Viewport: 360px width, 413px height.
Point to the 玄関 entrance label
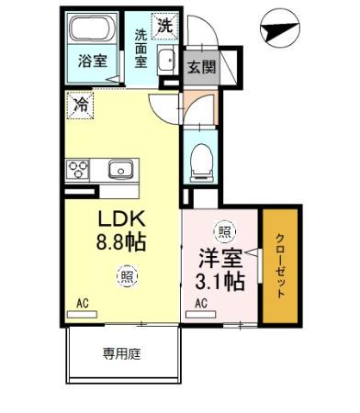[x=202, y=66]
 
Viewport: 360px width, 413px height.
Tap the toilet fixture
[x=200, y=163]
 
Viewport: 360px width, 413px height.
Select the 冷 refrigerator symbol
[x=80, y=106]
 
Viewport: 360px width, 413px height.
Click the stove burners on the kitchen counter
[x=76, y=169]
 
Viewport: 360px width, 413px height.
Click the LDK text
[x=120, y=221]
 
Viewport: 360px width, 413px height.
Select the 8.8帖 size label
[x=120, y=243]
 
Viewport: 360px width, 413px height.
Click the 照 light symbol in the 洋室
[x=223, y=230]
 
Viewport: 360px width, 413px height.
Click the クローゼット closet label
[x=280, y=265]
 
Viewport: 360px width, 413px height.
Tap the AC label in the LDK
[x=81, y=301]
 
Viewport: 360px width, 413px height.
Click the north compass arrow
[x=279, y=32]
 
